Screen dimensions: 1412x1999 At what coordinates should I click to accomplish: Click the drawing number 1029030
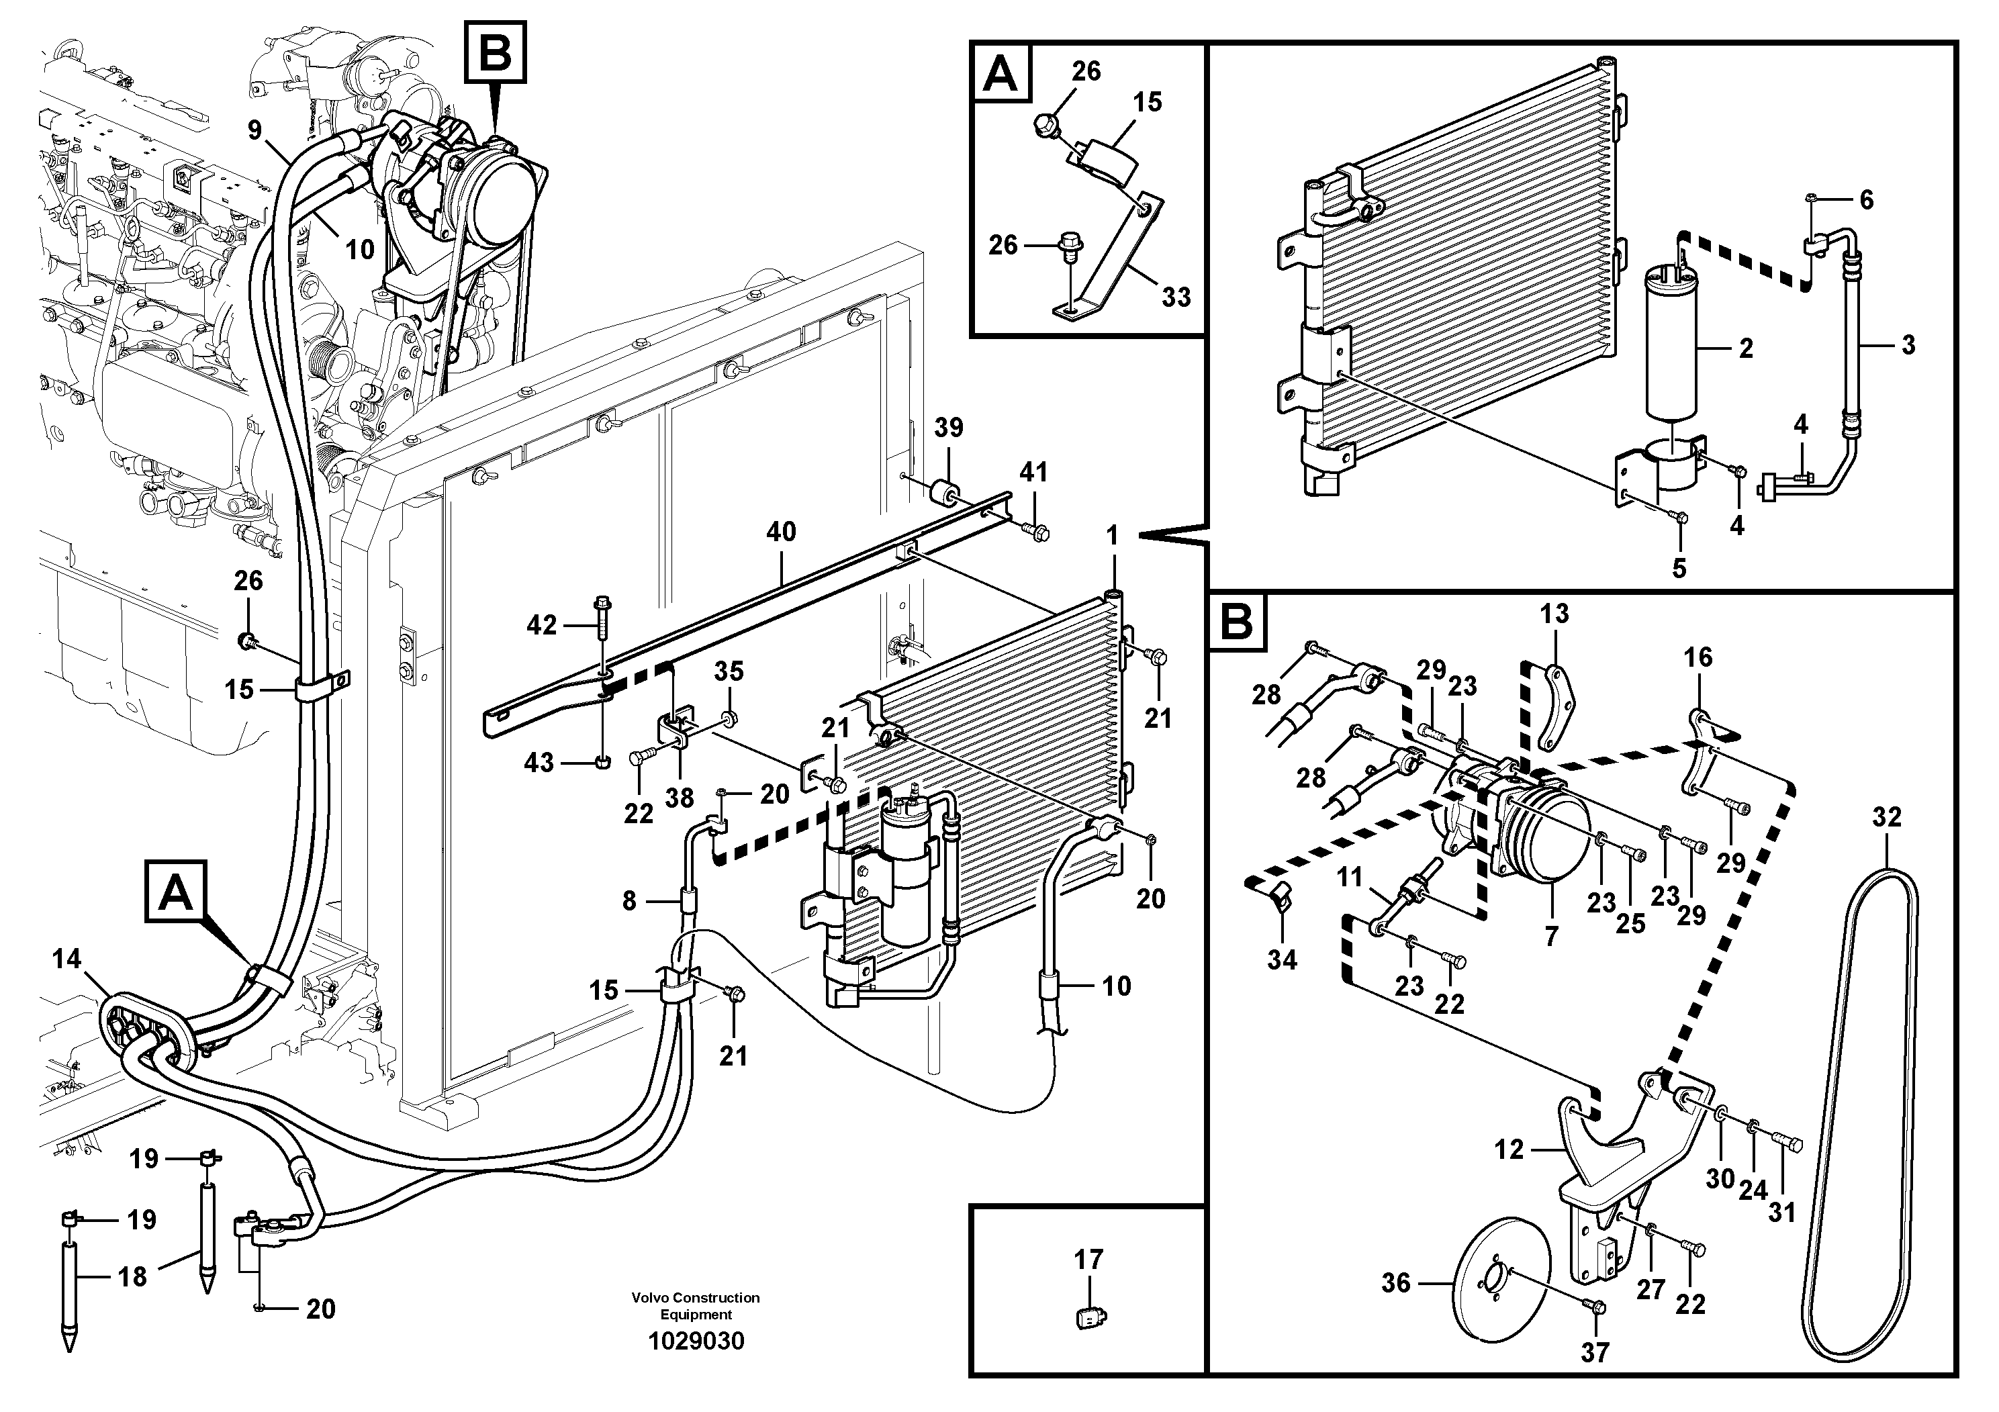(x=696, y=1341)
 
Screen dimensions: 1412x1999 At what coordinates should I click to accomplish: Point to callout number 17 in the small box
(x=1088, y=1259)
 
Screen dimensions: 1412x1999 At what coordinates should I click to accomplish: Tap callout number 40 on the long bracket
(x=780, y=532)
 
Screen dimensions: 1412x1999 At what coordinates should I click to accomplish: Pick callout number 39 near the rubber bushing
(x=948, y=428)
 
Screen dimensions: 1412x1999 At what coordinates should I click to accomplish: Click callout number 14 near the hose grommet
(x=66, y=959)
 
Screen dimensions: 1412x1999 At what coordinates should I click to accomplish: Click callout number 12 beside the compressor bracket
(x=1509, y=1150)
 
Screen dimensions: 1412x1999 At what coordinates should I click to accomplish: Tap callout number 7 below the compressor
(x=1550, y=937)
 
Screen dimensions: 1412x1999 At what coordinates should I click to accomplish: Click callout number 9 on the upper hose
(x=254, y=130)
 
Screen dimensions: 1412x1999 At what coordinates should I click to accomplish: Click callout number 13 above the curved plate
(x=1553, y=614)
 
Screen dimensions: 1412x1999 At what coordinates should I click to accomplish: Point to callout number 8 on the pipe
(x=629, y=901)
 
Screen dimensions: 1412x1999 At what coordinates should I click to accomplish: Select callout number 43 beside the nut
(x=539, y=763)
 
